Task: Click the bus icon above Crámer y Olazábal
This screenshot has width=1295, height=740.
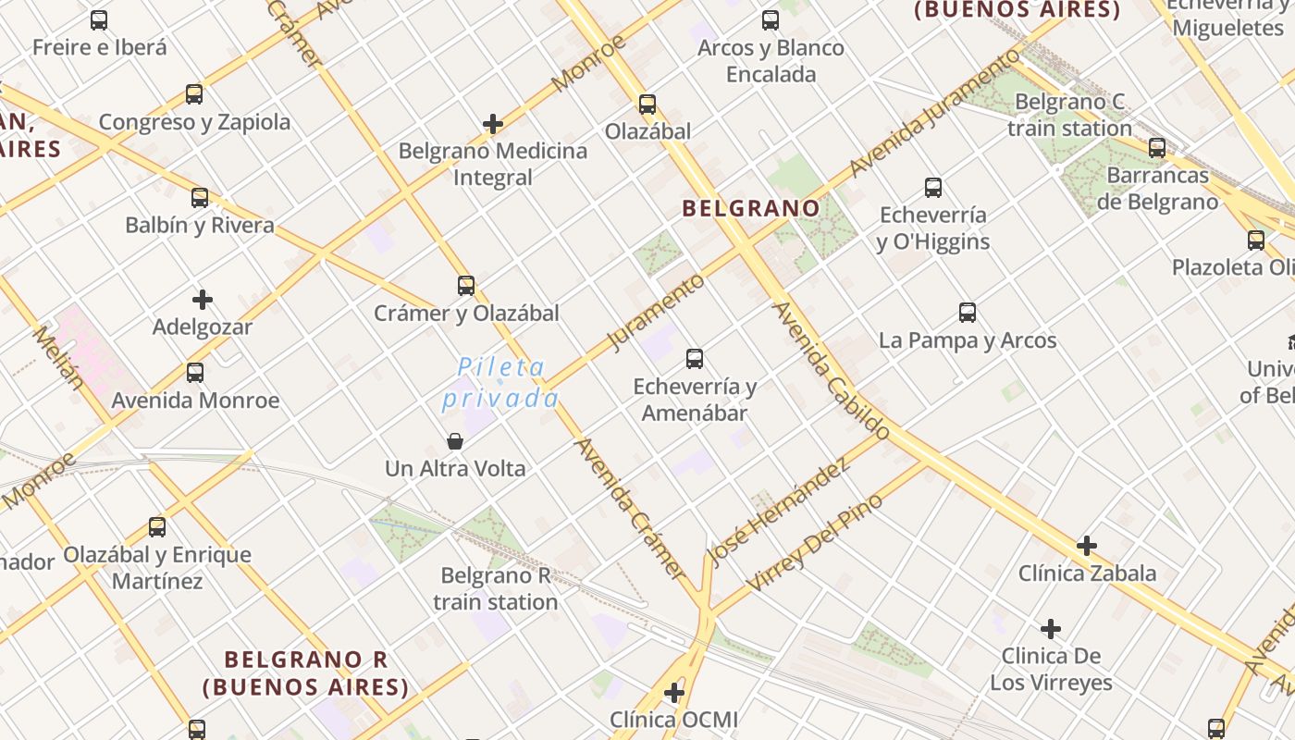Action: click(x=466, y=285)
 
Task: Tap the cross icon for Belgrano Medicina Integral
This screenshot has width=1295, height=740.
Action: click(x=493, y=123)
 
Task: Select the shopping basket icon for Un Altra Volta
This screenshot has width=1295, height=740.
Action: click(x=454, y=440)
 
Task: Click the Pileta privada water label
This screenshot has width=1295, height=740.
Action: click(x=501, y=383)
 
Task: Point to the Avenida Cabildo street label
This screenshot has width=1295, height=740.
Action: click(x=831, y=370)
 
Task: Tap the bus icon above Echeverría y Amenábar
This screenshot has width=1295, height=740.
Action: click(x=695, y=358)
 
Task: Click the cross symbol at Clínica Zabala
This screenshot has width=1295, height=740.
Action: click(x=1087, y=545)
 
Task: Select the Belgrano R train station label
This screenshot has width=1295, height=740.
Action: click(x=496, y=588)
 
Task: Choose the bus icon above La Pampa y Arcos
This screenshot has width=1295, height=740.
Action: click(x=968, y=312)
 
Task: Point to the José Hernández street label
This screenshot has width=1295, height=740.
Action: click(x=778, y=512)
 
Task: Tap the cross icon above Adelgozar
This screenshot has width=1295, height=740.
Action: click(x=203, y=299)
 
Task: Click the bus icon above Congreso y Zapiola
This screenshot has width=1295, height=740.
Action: click(x=194, y=93)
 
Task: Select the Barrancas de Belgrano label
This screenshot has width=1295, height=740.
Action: click(x=1157, y=189)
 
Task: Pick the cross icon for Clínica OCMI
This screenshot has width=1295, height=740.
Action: click(x=674, y=692)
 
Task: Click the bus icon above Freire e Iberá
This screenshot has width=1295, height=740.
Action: click(x=99, y=19)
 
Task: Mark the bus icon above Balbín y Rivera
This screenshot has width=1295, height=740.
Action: click(x=200, y=197)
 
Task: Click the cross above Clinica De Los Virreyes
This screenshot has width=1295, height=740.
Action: click(x=1051, y=629)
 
